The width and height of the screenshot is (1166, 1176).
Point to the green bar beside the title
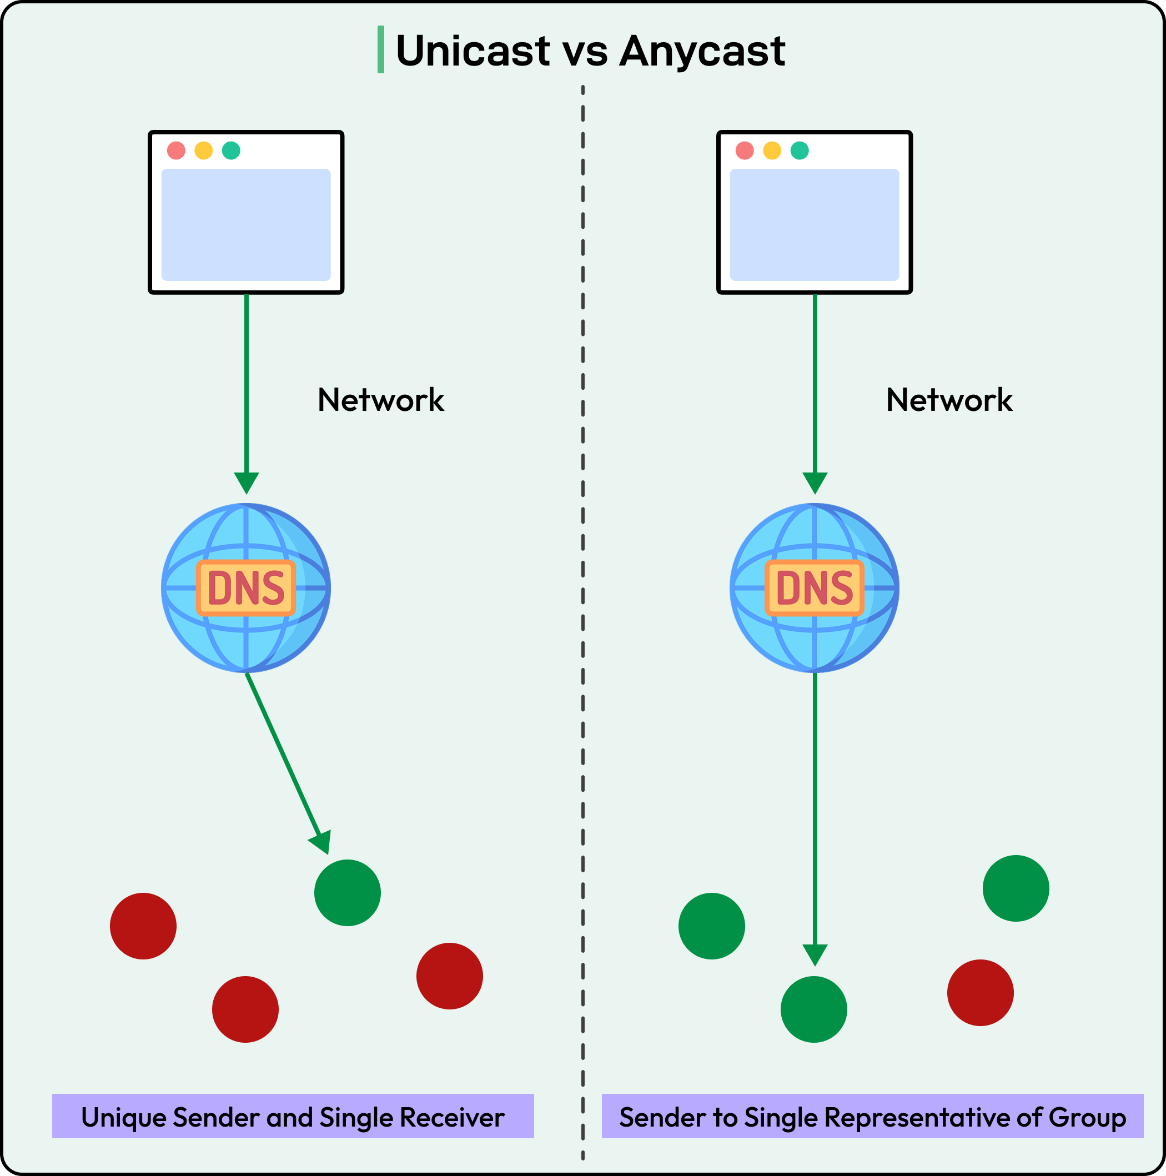coord(380,49)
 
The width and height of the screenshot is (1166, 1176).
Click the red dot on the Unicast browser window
coord(176,150)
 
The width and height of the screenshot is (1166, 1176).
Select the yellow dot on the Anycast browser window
coord(772,150)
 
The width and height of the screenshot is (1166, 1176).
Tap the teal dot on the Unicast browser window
coord(230,150)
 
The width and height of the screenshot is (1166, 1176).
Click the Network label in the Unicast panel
coord(380,400)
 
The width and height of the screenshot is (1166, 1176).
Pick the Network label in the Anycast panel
coord(949,400)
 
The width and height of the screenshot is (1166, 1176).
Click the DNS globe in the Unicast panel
coord(246,587)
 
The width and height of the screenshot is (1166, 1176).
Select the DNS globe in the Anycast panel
coord(814,587)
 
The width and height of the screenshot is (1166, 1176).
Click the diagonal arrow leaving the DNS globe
coord(283,755)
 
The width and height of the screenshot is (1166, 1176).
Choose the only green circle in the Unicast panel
coord(348,893)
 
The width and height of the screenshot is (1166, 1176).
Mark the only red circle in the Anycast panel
coord(980,993)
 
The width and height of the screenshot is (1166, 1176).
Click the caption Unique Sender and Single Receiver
coord(293,1118)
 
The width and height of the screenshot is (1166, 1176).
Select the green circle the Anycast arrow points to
coord(813,1009)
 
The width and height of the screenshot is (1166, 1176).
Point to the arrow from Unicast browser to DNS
coord(247,390)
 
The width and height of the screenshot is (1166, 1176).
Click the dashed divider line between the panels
coord(582,609)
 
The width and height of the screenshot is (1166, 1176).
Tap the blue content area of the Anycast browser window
coord(814,225)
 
